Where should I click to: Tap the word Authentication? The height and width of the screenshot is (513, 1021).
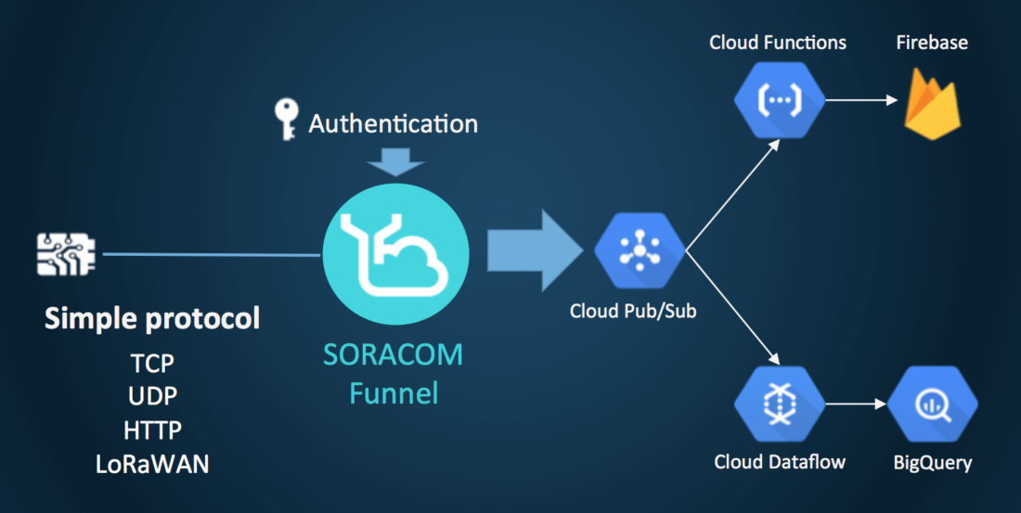pyautogui.click(x=394, y=123)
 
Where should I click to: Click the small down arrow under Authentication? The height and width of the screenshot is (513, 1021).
pyautogui.click(x=393, y=164)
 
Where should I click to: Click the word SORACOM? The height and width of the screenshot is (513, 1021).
pyautogui.click(x=393, y=355)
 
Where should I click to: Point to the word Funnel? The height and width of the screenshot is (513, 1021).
pyautogui.click(x=393, y=393)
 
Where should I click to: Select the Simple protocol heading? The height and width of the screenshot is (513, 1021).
pyautogui.click(x=152, y=319)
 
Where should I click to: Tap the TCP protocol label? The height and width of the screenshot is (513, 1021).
pyautogui.click(x=152, y=363)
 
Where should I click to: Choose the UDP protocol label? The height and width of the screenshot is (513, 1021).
pyautogui.click(x=152, y=396)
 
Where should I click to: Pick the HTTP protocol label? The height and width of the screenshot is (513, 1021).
pyautogui.click(x=152, y=430)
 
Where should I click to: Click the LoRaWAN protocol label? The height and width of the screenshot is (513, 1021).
pyautogui.click(x=152, y=464)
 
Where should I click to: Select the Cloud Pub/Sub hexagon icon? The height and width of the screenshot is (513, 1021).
pyautogui.click(x=639, y=251)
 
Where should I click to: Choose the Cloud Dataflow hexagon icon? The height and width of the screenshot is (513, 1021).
pyautogui.click(x=778, y=404)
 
